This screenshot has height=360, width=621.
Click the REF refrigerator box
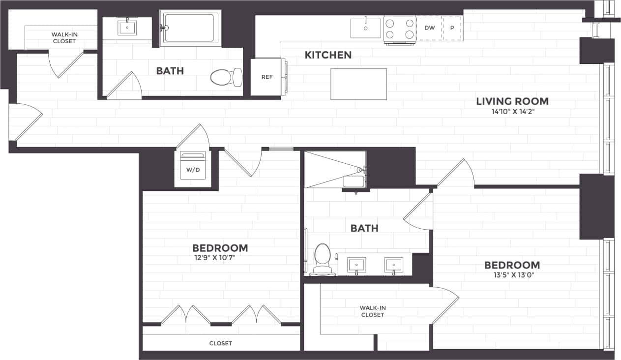click(x=266, y=77)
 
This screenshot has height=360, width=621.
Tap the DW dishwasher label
click(x=429, y=28)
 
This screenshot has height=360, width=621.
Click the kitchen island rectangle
click(x=358, y=84)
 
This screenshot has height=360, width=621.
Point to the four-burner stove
click(x=399, y=29)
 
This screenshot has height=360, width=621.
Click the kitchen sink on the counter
click(x=365, y=28)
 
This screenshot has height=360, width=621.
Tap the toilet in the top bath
click(x=226, y=77)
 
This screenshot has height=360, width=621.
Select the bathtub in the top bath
click(x=190, y=28)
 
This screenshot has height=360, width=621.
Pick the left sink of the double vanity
click(x=355, y=265)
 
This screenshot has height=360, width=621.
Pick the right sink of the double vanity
click(x=393, y=265)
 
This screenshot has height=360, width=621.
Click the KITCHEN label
click(x=328, y=55)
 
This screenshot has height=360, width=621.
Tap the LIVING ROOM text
click(x=512, y=101)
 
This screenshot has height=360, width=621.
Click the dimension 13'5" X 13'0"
click(x=512, y=275)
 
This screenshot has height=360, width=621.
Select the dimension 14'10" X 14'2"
click(x=512, y=112)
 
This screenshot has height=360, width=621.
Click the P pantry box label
click(x=452, y=28)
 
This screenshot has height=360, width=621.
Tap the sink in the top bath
click(x=127, y=27)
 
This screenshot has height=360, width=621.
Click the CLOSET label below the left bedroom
click(x=220, y=343)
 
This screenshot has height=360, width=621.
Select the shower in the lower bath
click(x=334, y=169)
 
